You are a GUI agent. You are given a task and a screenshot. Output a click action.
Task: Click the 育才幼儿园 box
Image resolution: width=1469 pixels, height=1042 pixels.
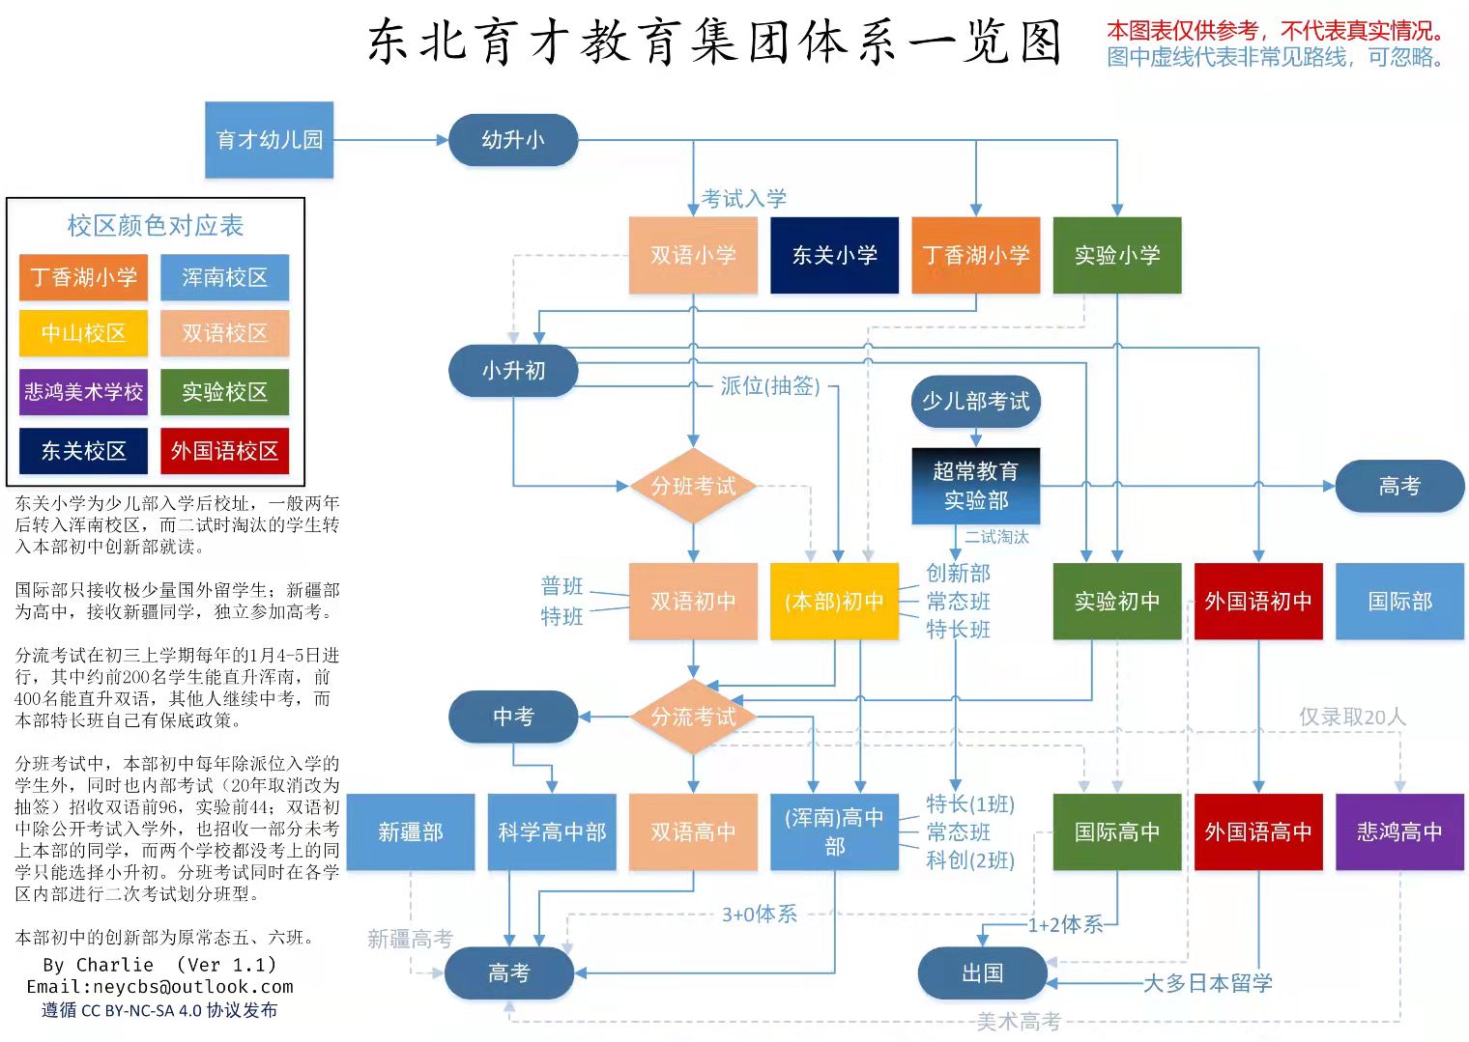[x=269, y=140]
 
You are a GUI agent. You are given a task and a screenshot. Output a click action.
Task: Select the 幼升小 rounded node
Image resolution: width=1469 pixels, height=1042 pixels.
[x=513, y=140]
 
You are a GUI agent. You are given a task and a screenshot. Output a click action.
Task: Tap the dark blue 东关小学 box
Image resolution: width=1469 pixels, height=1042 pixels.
[x=834, y=255]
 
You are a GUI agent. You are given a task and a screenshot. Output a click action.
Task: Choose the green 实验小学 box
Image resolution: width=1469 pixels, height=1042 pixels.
[x=1116, y=255]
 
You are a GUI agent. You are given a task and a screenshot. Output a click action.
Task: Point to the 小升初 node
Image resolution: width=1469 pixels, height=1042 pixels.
[x=513, y=370]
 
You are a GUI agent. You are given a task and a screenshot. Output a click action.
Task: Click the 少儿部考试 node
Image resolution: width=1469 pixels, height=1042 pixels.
[x=975, y=401]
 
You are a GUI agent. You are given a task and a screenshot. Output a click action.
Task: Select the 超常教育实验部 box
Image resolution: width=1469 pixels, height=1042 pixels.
[x=975, y=486]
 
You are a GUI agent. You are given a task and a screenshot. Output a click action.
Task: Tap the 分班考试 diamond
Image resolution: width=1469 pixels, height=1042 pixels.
[x=693, y=486]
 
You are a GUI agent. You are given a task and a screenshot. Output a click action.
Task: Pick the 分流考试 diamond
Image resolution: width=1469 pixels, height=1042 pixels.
[x=693, y=717]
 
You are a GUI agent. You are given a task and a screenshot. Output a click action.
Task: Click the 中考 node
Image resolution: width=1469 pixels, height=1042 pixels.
[x=513, y=717]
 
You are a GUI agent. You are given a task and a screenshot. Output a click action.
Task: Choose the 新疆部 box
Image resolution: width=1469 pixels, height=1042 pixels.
[x=410, y=831]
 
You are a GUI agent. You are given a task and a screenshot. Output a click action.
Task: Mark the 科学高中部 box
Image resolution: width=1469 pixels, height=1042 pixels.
[x=551, y=831]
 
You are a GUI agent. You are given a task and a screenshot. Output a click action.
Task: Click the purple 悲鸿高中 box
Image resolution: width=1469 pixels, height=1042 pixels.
[x=1399, y=831]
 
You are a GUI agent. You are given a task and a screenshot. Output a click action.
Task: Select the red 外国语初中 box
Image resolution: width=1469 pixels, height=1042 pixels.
[x=1257, y=602]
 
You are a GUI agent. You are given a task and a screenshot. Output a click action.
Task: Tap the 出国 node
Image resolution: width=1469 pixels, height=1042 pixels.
[x=982, y=972]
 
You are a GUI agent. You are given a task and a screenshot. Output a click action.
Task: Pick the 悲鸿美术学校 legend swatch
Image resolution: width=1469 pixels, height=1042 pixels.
[x=83, y=392]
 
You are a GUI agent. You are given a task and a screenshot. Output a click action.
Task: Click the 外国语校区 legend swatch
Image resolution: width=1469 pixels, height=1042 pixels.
[x=224, y=451]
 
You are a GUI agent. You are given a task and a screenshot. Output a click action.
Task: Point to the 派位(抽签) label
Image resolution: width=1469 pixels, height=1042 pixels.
[x=769, y=386]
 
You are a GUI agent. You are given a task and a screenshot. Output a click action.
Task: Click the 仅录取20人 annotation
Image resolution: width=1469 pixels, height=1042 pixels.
[x=1351, y=717]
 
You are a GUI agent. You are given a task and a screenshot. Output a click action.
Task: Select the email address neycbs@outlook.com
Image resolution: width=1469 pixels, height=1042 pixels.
[x=159, y=987]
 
